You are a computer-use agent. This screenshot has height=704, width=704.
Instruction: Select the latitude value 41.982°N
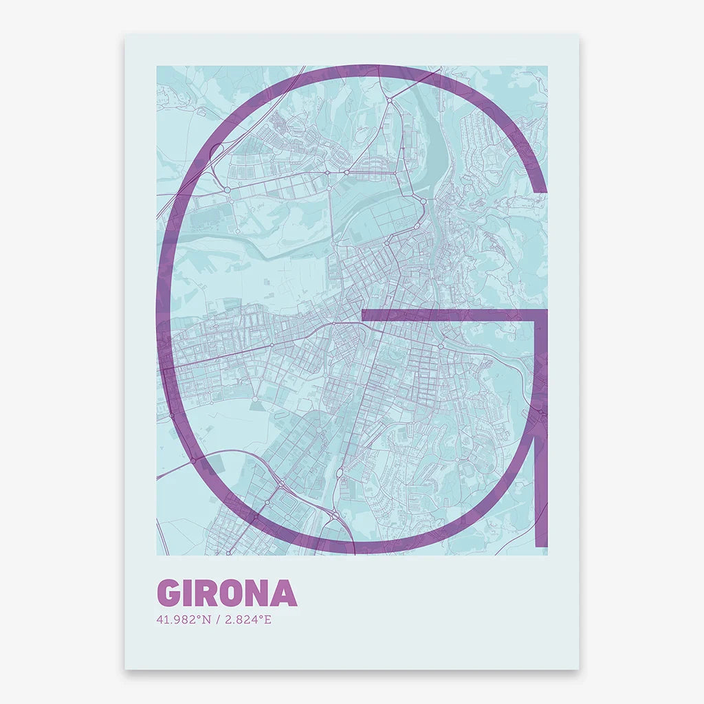(x=184, y=619)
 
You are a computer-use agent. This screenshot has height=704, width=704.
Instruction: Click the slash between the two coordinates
(x=218, y=619)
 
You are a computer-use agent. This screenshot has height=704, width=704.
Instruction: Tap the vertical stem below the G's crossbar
(x=541, y=426)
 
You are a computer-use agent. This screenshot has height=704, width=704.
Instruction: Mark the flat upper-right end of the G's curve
(x=541, y=188)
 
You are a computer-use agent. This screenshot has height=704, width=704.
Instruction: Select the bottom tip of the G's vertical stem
(x=541, y=546)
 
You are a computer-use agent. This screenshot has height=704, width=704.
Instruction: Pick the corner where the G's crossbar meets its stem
(x=541, y=315)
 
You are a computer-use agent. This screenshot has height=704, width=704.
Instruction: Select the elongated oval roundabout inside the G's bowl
(x=341, y=474)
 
